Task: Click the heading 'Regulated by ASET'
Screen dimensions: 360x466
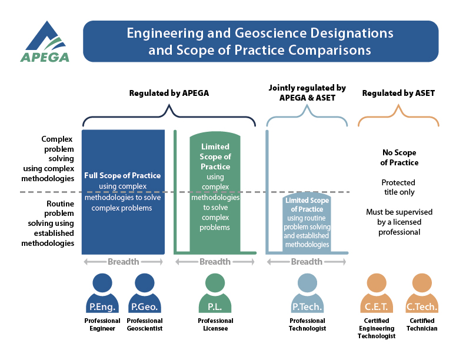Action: tap(398, 93)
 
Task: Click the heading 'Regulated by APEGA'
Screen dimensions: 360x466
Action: tap(169, 93)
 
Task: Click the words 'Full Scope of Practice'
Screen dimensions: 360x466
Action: tap(122, 176)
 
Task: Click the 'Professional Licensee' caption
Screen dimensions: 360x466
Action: tap(215, 325)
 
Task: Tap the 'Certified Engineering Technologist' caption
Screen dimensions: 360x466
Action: tap(376, 328)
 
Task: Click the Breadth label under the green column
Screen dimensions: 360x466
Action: tap(215, 262)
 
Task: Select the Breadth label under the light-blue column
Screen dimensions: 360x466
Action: tap(307, 262)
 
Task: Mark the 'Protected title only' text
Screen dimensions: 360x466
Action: tap(398, 187)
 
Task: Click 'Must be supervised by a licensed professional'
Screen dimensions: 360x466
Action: tap(398, 222)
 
